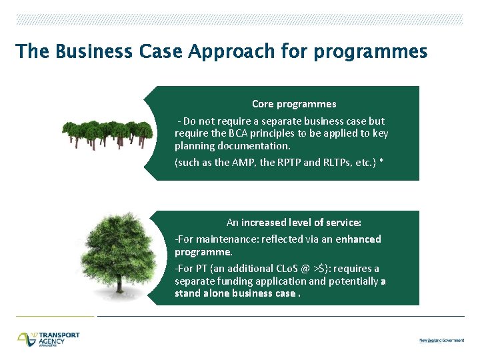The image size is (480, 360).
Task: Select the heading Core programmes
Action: tap(294, 104)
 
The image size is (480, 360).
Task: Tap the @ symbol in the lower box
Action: tap(305, 269)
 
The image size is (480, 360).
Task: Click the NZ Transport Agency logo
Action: tap(49, 339)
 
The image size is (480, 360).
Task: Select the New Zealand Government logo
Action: tap(441, 341)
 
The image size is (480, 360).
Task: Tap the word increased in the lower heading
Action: tap(265, 223)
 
